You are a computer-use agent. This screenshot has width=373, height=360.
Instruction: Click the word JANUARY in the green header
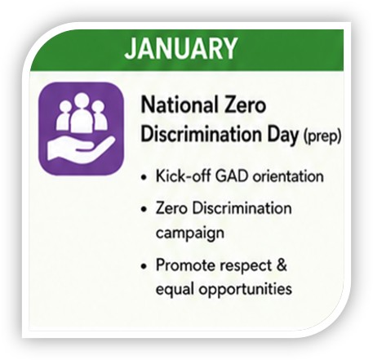pyautogui.click(x=181, y=48)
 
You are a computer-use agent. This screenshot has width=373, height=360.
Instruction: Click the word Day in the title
pyautogui.click(x=283, y=135)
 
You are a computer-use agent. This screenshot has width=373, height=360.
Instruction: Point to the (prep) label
pyautogui.click(x=322, y=136)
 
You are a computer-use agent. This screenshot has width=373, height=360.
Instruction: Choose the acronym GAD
pyautogui.click(x=232, y=176)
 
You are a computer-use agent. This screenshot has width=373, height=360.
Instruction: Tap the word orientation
pyautogui.click(x=288, y=176)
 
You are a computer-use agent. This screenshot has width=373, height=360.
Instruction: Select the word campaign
pyautogui.click(x=190, y=233)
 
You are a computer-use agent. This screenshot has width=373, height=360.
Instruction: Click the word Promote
pyautogui.click(x=184, y=264)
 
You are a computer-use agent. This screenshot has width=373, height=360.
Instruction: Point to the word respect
pyautogui.click(x=246, y=266)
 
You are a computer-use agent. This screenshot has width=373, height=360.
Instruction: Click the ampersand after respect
pyautogui.click(x=282, y=264)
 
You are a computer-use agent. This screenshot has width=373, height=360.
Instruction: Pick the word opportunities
pyautogui.click(x=245, y=289)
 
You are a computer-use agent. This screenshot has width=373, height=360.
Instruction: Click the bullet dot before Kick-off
pyautogui.click(x=144, y=178)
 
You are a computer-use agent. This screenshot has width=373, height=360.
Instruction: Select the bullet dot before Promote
pyautogui.click(x=144, y=266)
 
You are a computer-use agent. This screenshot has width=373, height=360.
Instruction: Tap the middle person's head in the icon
pyautogui.click(x=81, y=100)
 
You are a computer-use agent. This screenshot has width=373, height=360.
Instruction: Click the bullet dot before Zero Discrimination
pyautogui.click(x=144, y=210)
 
